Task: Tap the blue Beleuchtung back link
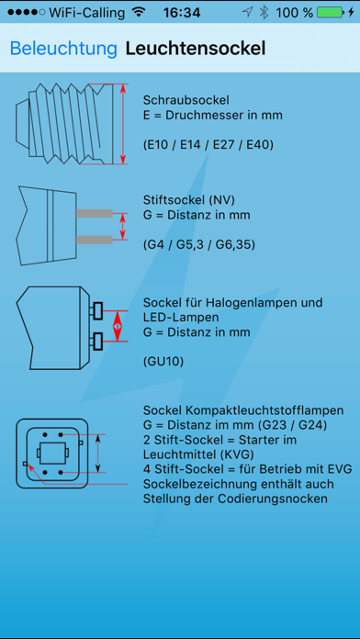pos(63,49)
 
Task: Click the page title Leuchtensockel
pos(196,49)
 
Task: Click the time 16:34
pos(182,13)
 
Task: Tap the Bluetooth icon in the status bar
pos(264,13)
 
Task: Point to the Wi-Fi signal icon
pos(139,13)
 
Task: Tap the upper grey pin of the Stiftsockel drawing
pos(95,213)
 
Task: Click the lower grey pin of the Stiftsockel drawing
pos(95,240)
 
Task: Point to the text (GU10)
pos(163,362)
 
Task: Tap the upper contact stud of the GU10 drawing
pos(98,311)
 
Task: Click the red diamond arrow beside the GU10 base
pos(117,326)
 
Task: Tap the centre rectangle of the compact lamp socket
pos(52,453)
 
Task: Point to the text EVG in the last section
pos(340,468)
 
